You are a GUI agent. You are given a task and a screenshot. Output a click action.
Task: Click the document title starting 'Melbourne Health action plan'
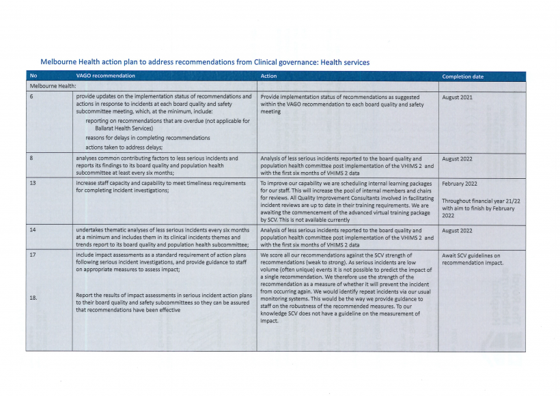(205, 62)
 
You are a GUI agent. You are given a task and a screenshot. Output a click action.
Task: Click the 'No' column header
(33, 76)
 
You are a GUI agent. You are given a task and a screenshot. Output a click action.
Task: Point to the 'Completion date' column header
(462, 76)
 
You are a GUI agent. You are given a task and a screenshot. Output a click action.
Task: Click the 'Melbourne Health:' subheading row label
(52, 87)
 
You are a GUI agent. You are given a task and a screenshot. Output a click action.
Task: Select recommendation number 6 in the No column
(31, 98)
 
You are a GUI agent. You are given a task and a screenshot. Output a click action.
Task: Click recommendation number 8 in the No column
(31, 158)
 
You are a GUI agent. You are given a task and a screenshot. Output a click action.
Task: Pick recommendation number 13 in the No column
(33, 183)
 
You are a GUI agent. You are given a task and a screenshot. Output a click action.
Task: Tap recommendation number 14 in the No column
(33, 230)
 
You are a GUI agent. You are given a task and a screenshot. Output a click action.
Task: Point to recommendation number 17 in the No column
(33, 255)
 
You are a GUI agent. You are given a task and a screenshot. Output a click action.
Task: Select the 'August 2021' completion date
(458, 98)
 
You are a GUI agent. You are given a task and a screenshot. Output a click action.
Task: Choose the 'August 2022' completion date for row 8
(458, 159)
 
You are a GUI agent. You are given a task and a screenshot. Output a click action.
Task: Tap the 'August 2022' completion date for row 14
(458, 231)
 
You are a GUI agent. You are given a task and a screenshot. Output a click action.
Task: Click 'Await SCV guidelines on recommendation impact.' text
(472, 259)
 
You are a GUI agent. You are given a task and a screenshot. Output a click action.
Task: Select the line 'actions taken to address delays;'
(124, 147)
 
